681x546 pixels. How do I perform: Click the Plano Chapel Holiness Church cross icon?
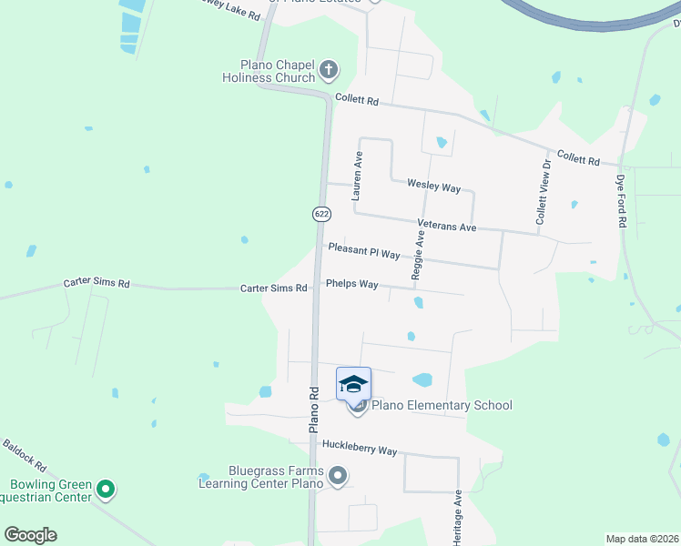[329, 69]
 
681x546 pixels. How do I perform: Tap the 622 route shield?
[320, 213]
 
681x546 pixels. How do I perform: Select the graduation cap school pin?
[353, 384]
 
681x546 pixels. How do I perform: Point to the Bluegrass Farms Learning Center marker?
[338, 475]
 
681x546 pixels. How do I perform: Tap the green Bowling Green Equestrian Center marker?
[107, 490]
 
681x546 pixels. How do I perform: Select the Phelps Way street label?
[351, 285]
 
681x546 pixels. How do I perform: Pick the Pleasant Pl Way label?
[364, 250]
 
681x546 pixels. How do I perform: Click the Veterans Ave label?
[447, 226]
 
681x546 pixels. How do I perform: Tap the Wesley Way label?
[433, 187]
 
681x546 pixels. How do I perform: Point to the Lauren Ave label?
[358, 176]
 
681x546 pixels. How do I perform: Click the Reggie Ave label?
[419, 253]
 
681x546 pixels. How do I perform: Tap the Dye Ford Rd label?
[623, 201]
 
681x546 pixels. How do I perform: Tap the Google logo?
[30, 535]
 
